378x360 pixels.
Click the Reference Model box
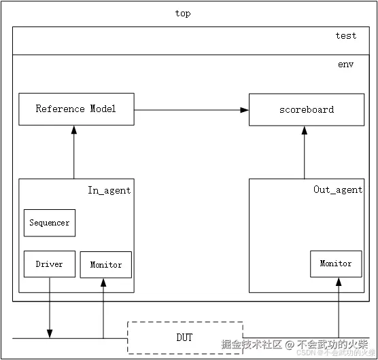[x=75, y=109]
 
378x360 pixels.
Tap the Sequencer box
[x=50, y=223]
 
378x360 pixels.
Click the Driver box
[x=49, y=264]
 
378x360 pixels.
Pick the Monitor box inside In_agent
[x=106, y=264]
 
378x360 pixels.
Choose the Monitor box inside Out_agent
[x=336, y=264]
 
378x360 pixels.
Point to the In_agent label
[x=109, y=190]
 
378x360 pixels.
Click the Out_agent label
[x=338, y=190]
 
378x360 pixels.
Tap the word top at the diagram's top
[x=182, y=14]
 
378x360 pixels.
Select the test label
[x=345, y=36]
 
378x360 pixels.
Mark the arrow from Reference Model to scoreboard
[x=190, y=109]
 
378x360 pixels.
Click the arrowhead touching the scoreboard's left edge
[x=244, y=109]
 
